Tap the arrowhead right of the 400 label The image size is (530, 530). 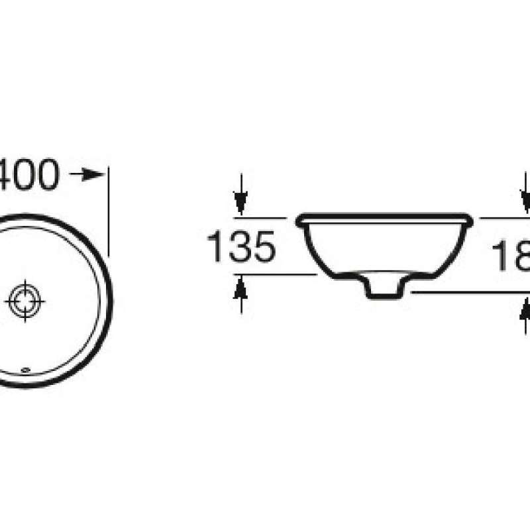point(99,175)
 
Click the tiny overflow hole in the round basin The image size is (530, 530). point(26,370)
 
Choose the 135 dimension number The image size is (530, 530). point(240,247)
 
